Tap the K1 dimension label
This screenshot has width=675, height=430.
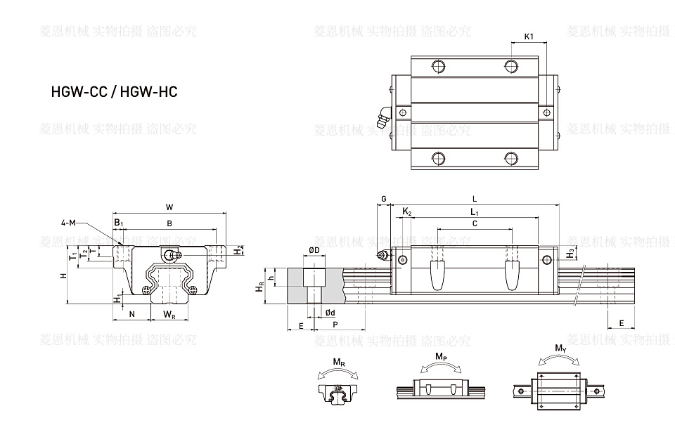coord(529,36)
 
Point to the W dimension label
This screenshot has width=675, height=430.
coord(169,207)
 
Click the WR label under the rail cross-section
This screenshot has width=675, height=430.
coord(169,314)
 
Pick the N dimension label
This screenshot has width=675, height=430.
coord(132,314)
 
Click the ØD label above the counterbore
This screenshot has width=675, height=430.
coord(314,250)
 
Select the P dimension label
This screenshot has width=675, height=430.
coord(335,325)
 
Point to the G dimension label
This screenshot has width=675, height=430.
coord(383,199)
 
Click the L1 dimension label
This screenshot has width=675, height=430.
coord(474,211)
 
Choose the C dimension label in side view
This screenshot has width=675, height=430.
coord(475,223)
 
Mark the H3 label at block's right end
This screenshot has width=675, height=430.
coord(572,252)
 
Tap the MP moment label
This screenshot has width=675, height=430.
coord(441,357)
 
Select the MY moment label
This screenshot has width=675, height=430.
coord(560,348)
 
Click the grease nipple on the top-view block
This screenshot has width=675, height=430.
coord(382,117)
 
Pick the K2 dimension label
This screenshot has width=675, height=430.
coord(407,211)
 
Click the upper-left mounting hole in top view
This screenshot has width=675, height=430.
coord(437,67)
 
